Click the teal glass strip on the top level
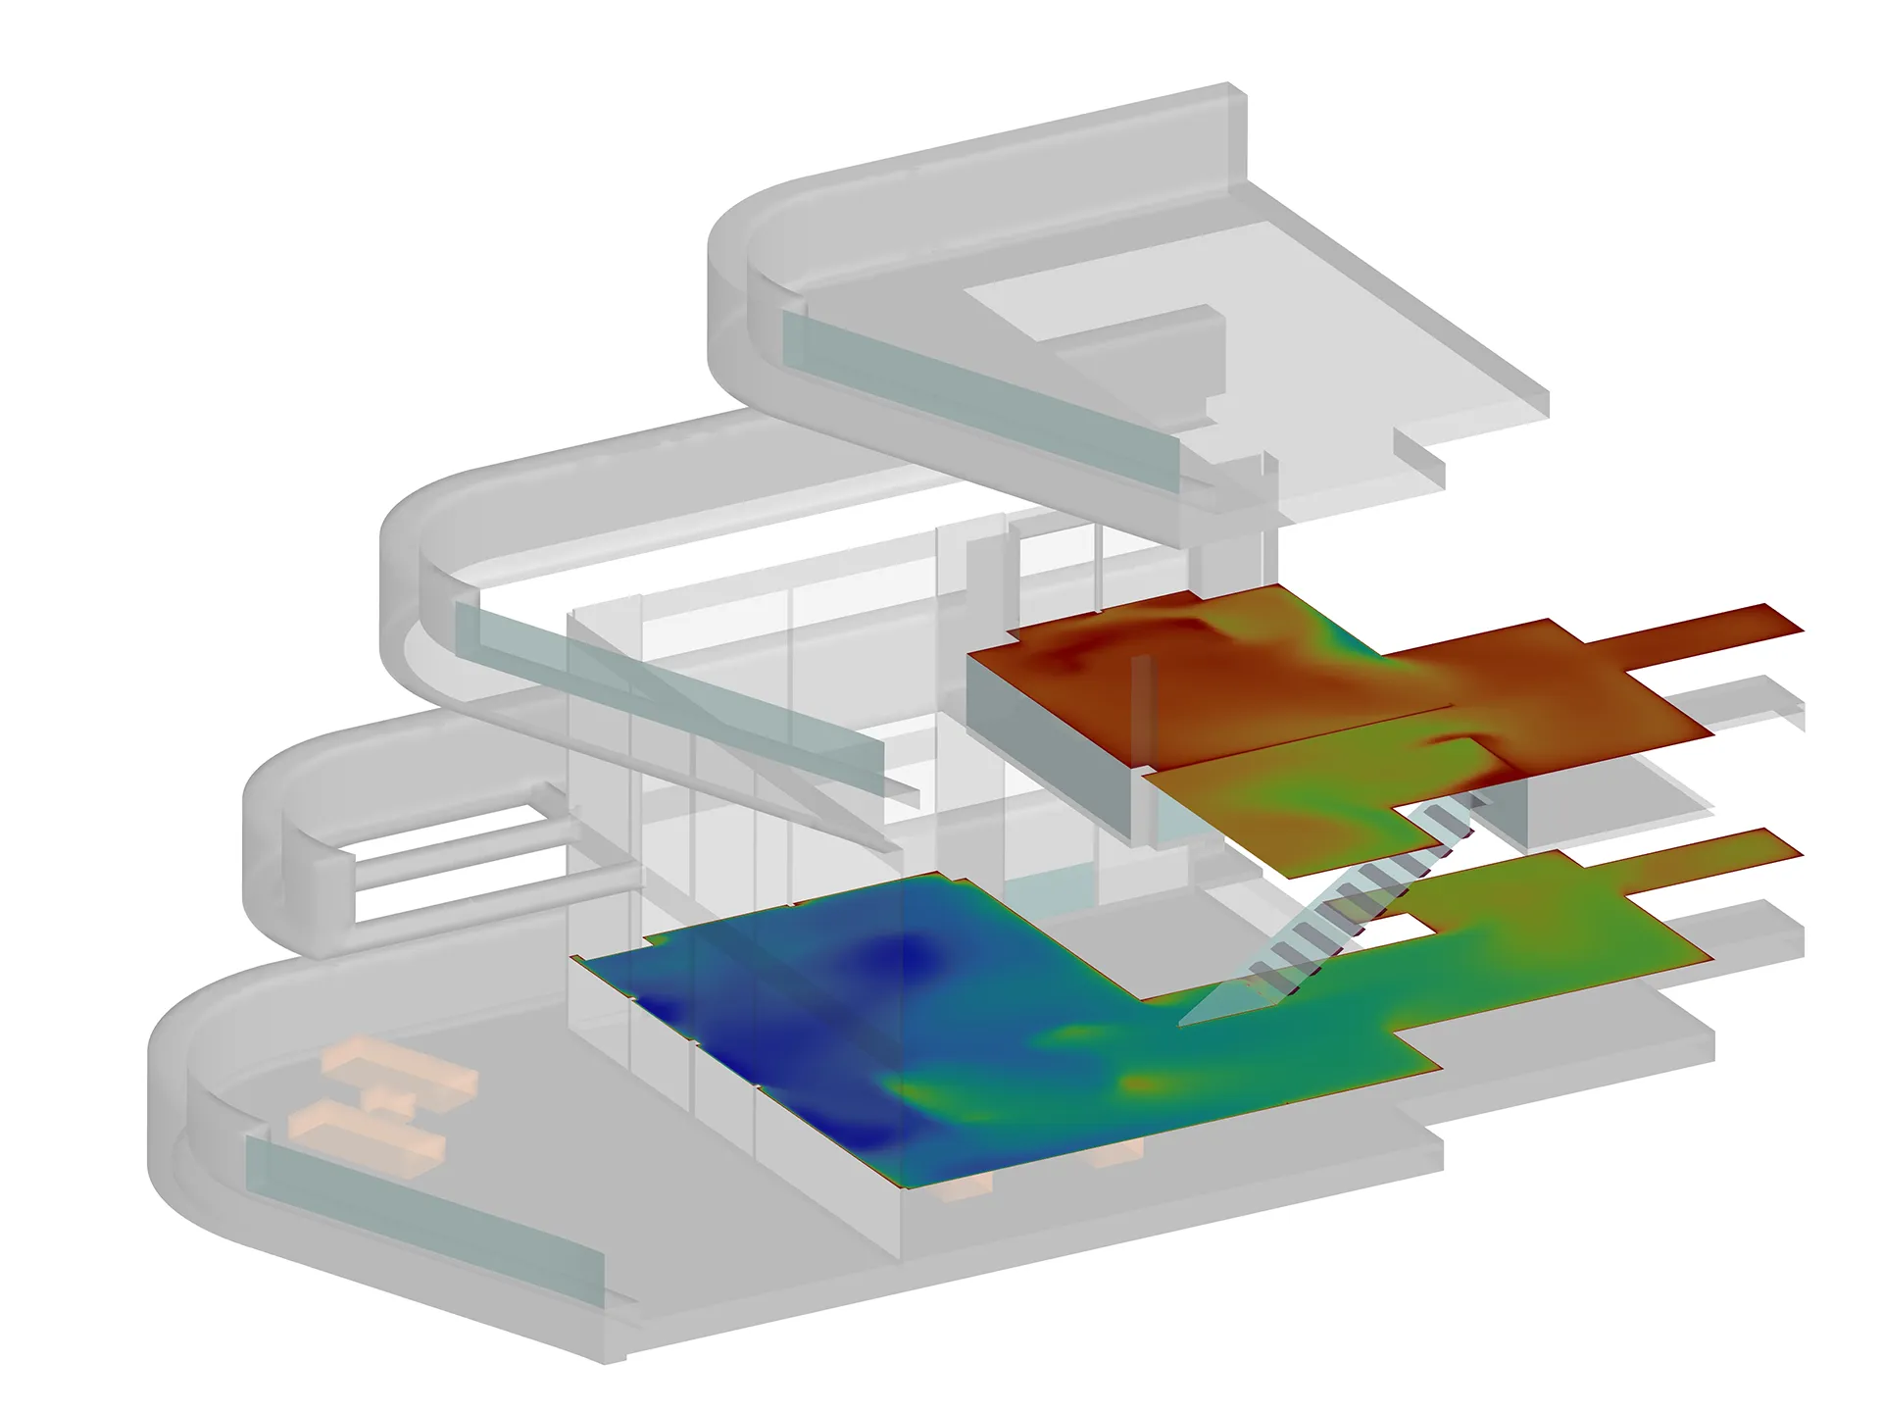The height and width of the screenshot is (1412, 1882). point(980,402)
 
